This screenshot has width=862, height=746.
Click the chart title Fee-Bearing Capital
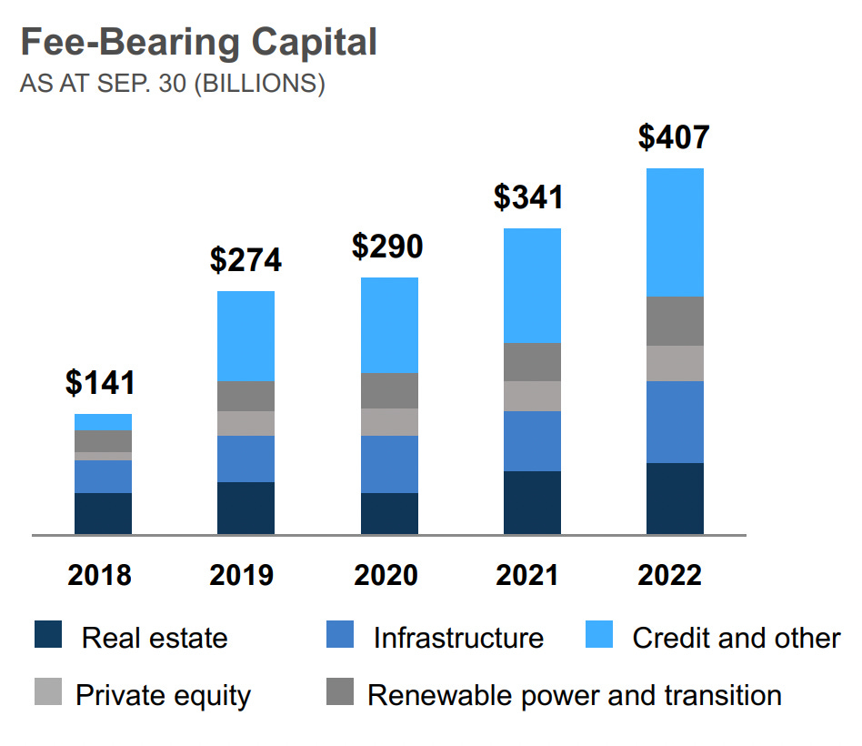coord(198,43)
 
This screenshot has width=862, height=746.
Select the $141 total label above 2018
coord(100,382)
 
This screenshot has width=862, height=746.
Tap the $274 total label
coord(246,259)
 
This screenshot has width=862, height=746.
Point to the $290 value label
coord(388,247)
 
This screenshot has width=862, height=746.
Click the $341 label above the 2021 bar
coord(531,197)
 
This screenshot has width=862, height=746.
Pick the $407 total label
coord(674,136)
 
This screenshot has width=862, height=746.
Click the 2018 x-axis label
coord(100,575)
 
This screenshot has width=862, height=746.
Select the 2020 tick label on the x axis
coord(388,575)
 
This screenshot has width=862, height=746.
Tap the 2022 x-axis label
coord(674,575)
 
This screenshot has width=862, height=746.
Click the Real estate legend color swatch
coord(47,635)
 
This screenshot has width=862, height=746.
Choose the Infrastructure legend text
coord(457,638)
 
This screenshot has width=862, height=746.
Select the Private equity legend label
coord(163,696)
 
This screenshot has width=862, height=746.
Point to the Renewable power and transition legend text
coord(574,696)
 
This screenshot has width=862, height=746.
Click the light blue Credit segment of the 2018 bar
coord(103,422)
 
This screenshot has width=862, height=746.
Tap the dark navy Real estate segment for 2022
coord(675,499)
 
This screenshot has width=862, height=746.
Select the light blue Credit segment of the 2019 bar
coord(246,336)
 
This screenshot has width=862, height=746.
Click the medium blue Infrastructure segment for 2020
coord(389,464)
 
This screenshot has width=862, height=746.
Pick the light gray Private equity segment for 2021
coord(532,396)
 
